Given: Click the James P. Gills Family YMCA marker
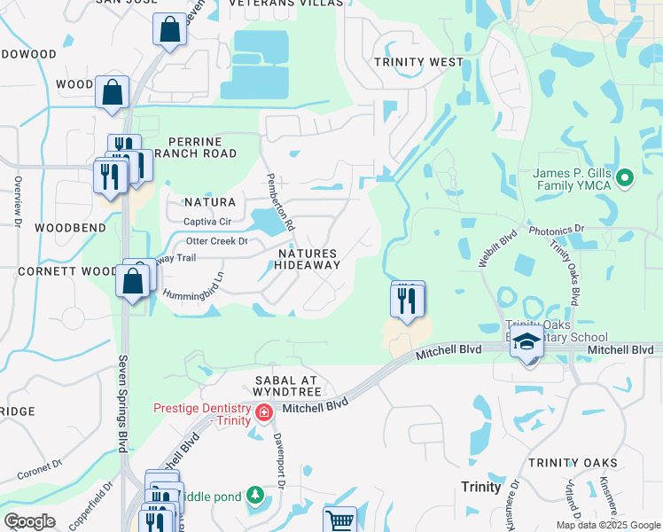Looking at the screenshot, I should tap(625, 178).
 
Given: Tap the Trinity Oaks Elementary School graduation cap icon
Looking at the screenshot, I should tap(526, 343).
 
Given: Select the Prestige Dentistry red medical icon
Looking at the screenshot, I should tap(263, 412).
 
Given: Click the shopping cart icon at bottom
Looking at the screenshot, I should tap(339, 520).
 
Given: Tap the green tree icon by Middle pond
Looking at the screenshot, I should tap(255, 493).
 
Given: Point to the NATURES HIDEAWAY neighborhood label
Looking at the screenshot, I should tap(308, 259).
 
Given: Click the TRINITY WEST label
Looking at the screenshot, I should tap(418, 62).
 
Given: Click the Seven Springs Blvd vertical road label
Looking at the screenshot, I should tap(121, 403).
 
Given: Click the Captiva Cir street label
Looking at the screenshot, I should tap(207, 221).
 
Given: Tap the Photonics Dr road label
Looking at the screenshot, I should tap(557, 230).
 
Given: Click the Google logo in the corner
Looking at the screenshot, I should tap(29, 521).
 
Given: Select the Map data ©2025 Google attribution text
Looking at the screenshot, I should tap(607, 525).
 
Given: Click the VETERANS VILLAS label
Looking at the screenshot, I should tap(285, 4).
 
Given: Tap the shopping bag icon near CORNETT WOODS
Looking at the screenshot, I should tap(133, 282).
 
